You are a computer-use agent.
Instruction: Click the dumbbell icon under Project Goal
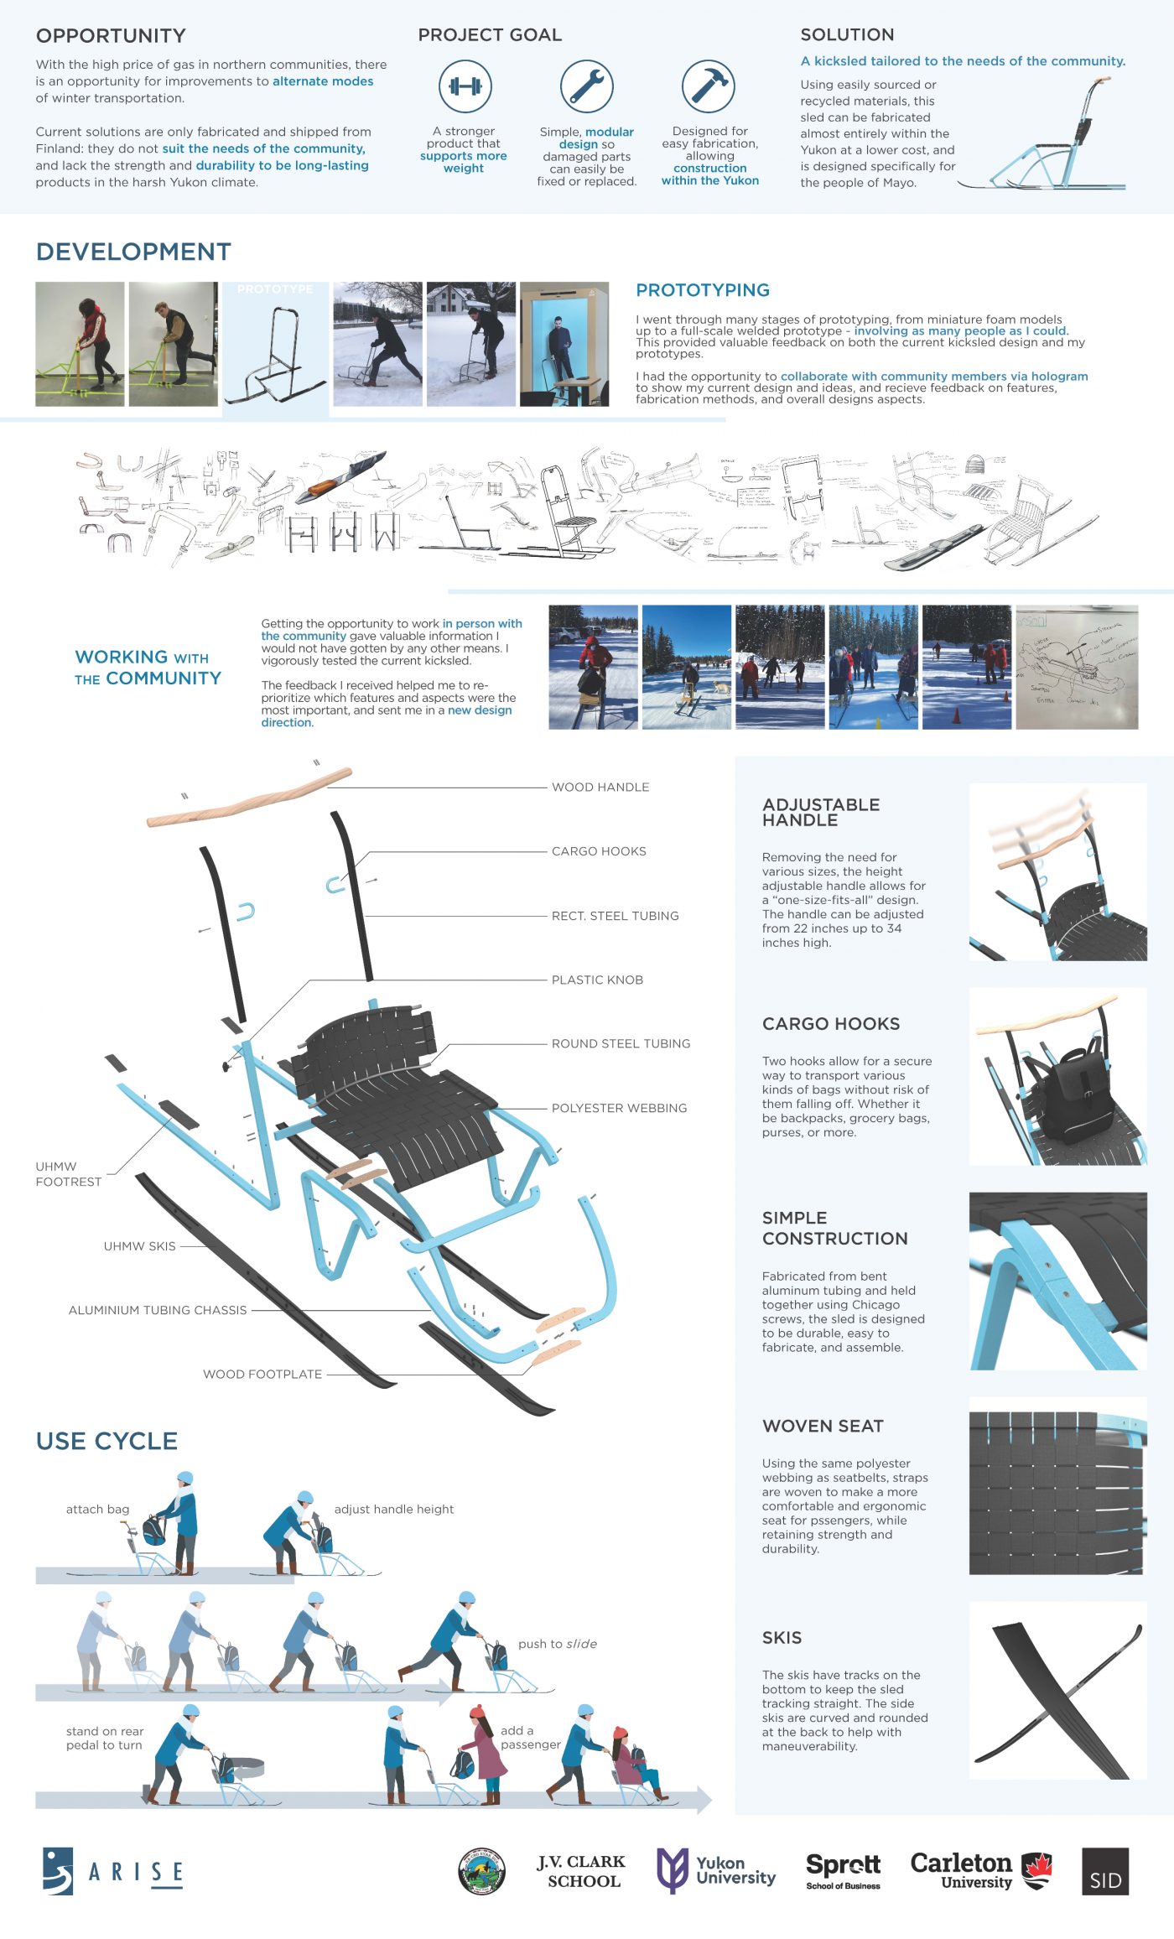pyautogui.click(x=465, y=86)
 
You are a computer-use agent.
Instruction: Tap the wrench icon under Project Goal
pyautogui.click(x=586, y=86)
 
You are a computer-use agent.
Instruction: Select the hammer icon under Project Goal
pyautogui.click(x=709, y=86)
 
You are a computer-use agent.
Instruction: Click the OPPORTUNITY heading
pyautogui.click(x=111, y=36)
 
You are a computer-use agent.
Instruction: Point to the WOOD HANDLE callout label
pyautogui.click(x=600, y=787)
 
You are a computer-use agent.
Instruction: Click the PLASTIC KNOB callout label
pyautogui.click(x=597, y=980)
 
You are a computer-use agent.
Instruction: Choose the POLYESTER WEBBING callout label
pyautogui.click(x=619, y=1108)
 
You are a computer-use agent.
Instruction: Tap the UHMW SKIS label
pyautogui.click(x=140, y=1246)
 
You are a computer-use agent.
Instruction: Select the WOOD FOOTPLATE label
pyautogui.click(x=262, y=1374)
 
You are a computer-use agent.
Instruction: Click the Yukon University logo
pyautogui.click(x=716, y=1869)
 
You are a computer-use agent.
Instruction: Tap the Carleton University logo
pyautogui.click(x=981, y=1869)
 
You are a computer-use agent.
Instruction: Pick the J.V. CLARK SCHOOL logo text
pyautogui.click(x=582, y=1871)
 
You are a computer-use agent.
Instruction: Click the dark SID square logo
pyautogui.click(x=1104, y=1871)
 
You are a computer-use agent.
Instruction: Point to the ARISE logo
pyautogui.click(x=113, y=1871)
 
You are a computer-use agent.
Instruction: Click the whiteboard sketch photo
pyautogui.click(x=1077, y=667)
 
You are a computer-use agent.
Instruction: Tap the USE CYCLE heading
pyautogui.click(x=106, y=1441)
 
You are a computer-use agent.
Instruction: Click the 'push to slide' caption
pyautogui.click(x=558, y=1644)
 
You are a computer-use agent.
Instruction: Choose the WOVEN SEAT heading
pyautogui.click(x=823, y=1426)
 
